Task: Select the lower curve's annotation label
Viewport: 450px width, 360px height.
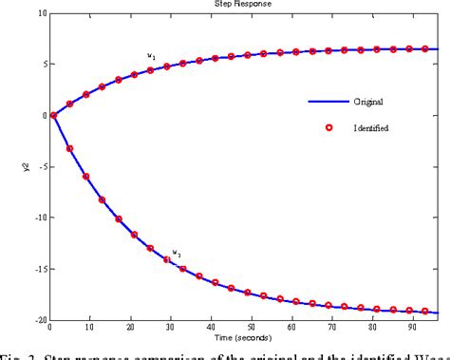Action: click(x=176, y=253)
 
